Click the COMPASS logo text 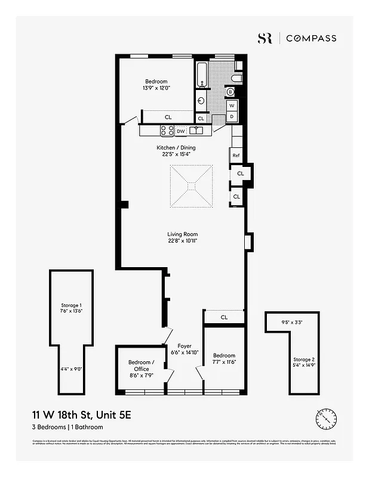(310, 38)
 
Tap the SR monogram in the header (265, 38)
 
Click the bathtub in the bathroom (201, 76)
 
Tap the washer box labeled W (232, 106)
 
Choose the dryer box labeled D (232, 117)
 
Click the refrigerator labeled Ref (235, 155)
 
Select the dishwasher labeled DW (180, 131)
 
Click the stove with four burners (167, 131)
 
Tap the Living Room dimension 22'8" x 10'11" (183, 241)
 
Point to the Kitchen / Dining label (176, 148)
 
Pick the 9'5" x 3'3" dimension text (292, 323)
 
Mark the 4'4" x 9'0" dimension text (71, 369)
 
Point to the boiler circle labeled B (230, 92)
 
